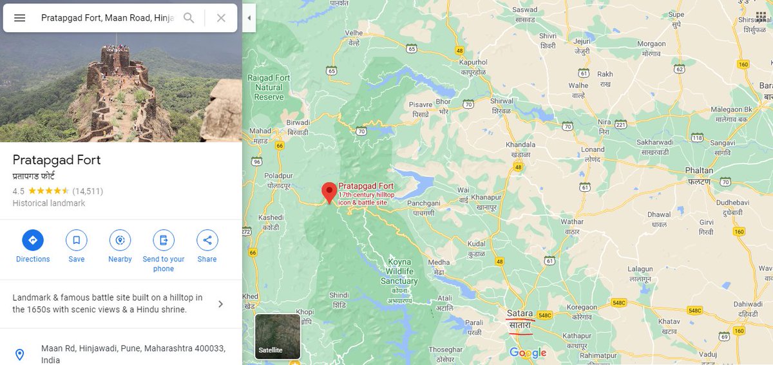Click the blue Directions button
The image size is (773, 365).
tap(33, 241)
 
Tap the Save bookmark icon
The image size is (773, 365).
tap(76, 241)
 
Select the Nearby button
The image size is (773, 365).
tap(120, 241)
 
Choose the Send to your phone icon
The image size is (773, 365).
tap(164, 241)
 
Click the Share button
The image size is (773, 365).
tap(207, 241)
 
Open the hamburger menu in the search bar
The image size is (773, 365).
tap(20, 18)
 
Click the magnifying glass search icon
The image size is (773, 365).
tap(189, 18)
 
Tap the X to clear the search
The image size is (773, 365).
tap(221, 18)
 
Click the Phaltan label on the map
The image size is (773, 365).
tap(699, 171)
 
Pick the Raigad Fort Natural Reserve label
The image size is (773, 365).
tap(269, 88)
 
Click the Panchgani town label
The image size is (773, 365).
tap(424, 203)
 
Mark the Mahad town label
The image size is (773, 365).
tap(261, 131)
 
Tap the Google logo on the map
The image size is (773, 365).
tap(528, 353)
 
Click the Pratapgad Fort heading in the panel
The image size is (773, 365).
tap(57, 160)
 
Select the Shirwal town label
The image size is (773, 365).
tap(502, 101)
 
